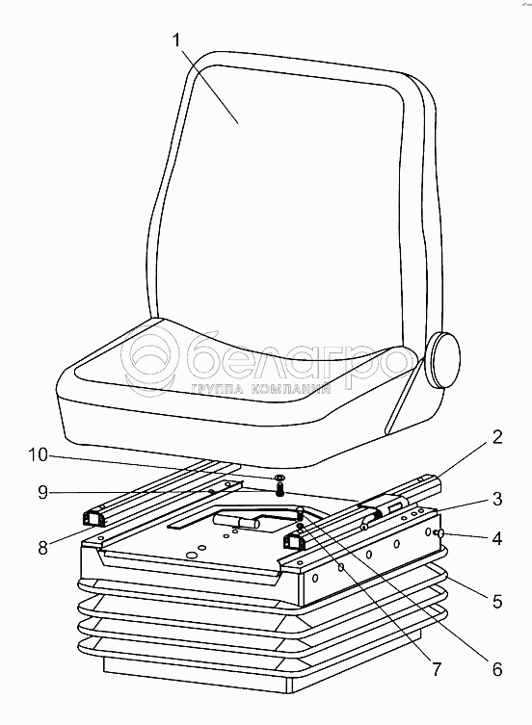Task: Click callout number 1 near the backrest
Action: click(x=176, y=40)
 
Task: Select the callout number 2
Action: click(x=496, y=436)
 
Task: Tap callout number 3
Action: click(x=496, y=499)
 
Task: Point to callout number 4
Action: click(x=496, y=538)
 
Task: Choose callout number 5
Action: click(x=496, y=601)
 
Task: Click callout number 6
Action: click(x=496, y=669)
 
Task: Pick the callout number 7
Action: click(x=437, y=669)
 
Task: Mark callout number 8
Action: click(x=42, y=549)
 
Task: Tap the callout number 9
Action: click(x=42, y=493)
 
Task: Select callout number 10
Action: click(x=38, y=455)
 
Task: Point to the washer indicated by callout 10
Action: click(x=279, y=477)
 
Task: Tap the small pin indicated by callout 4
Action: click(x=439, y=533)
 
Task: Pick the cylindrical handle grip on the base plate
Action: click(x=250, y=523)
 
